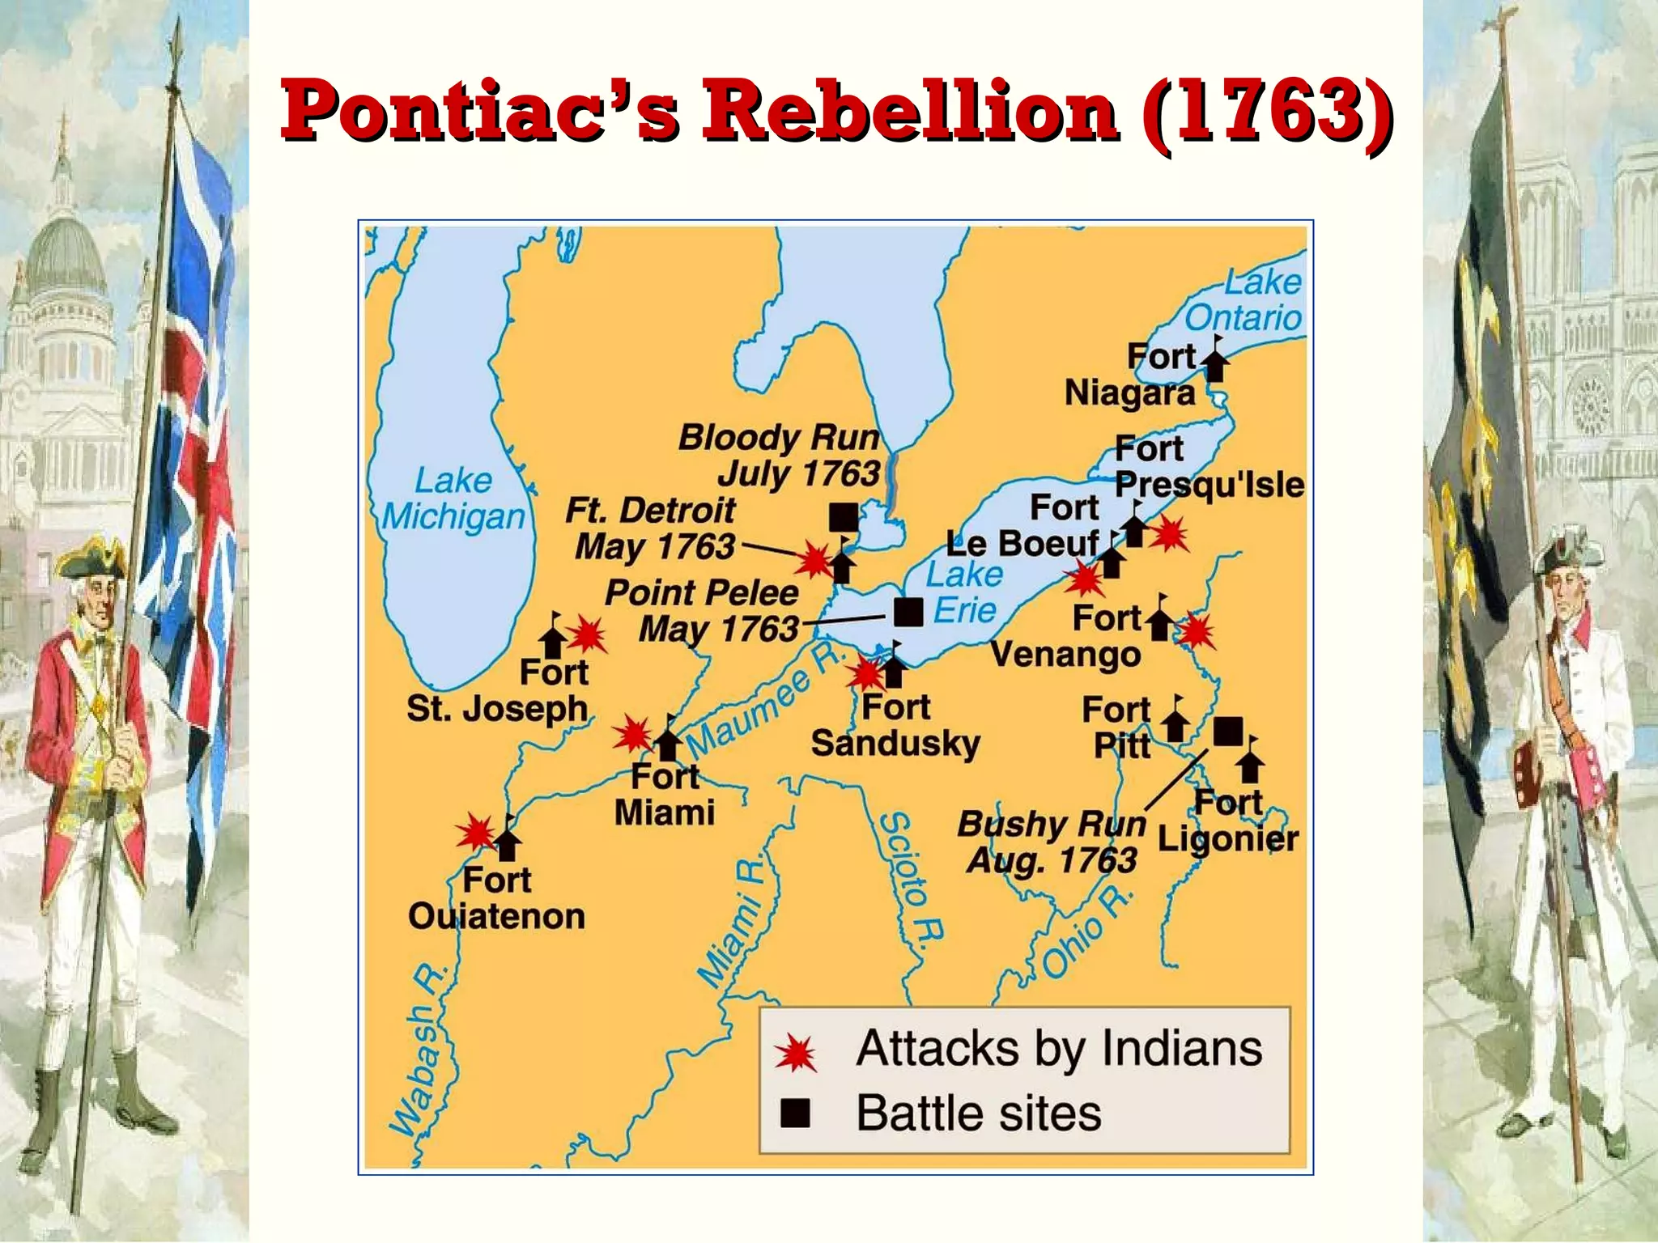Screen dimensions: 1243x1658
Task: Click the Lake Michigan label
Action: coord(453,498)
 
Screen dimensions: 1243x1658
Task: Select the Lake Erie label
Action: coord(964,592)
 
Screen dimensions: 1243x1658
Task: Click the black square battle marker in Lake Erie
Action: coord(908,613)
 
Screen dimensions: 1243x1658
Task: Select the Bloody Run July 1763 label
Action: coord(779,455)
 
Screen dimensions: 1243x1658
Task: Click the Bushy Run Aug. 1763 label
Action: coord(1052,842)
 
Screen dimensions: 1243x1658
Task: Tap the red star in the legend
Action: coord(796,1053)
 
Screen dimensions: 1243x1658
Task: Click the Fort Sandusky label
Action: coord(895,725)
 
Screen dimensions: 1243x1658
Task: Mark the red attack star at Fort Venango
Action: coord(1196,631)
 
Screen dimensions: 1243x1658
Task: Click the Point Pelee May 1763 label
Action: coord(702,611)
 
